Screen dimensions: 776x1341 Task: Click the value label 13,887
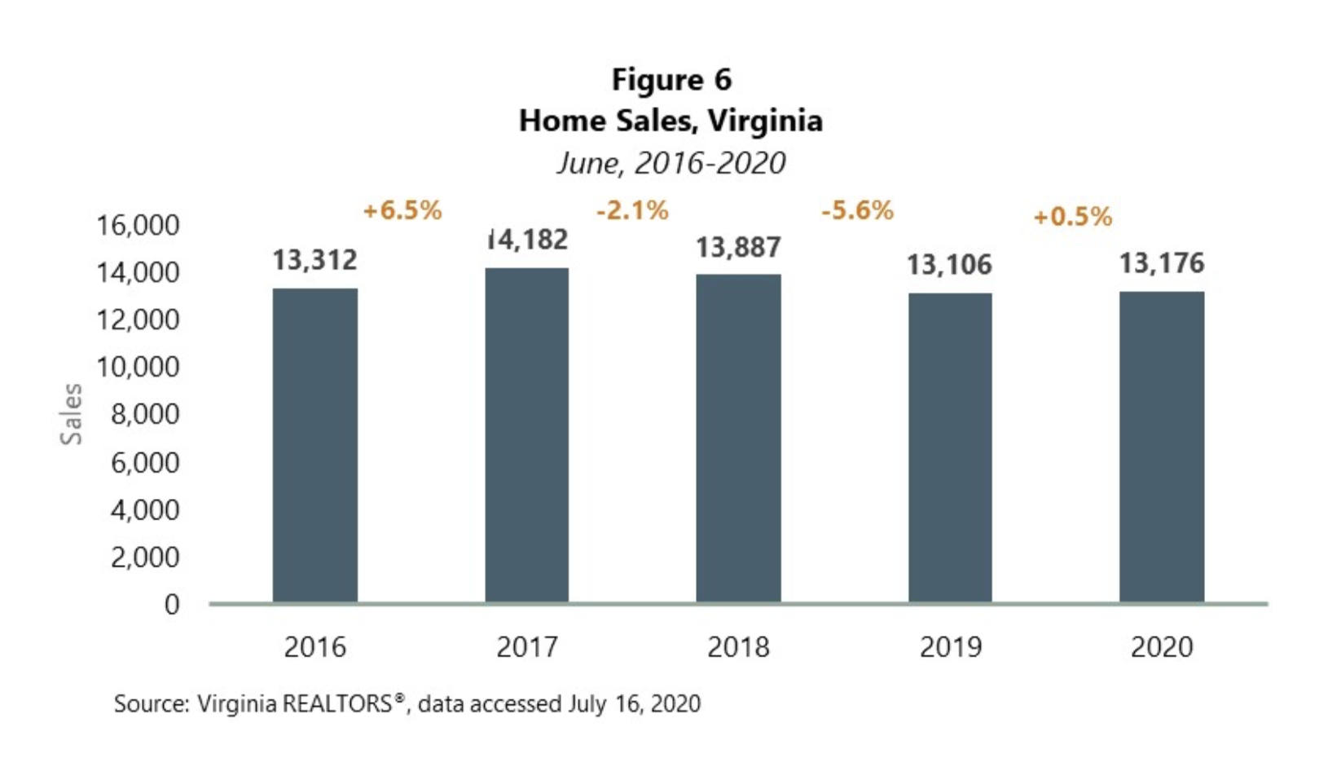[738, 247]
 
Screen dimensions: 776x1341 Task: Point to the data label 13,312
[314, 260]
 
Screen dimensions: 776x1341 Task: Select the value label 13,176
[1161, 263]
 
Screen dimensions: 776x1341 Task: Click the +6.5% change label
[402, 210]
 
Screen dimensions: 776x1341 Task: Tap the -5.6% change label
[857, 210]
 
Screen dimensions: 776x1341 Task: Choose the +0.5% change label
[1072, 217]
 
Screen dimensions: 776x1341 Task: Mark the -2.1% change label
[632, 210]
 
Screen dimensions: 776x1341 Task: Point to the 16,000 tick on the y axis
[138, 225]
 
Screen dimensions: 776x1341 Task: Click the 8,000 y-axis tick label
[144, 414]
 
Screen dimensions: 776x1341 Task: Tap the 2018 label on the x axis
[738, 647]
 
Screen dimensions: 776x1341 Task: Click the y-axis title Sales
[72, 413]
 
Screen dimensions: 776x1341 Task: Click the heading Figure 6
[671, 80]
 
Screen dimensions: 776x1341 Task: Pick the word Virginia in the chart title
[765, 121]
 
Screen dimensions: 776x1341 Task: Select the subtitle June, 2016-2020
[671, 163]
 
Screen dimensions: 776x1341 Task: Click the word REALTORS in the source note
[336, 703]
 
